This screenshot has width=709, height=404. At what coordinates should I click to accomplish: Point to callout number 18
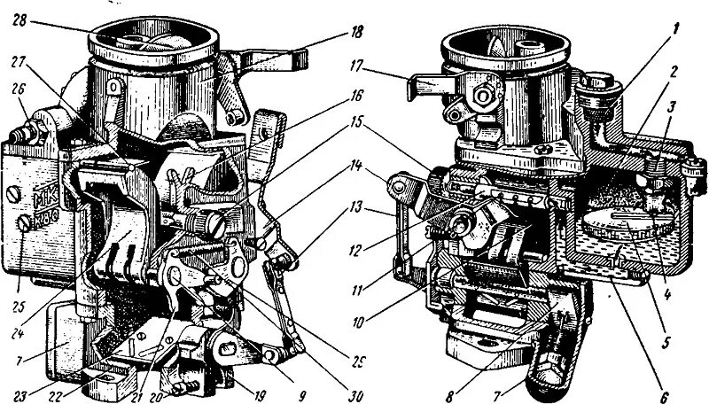tap(356, 33)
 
